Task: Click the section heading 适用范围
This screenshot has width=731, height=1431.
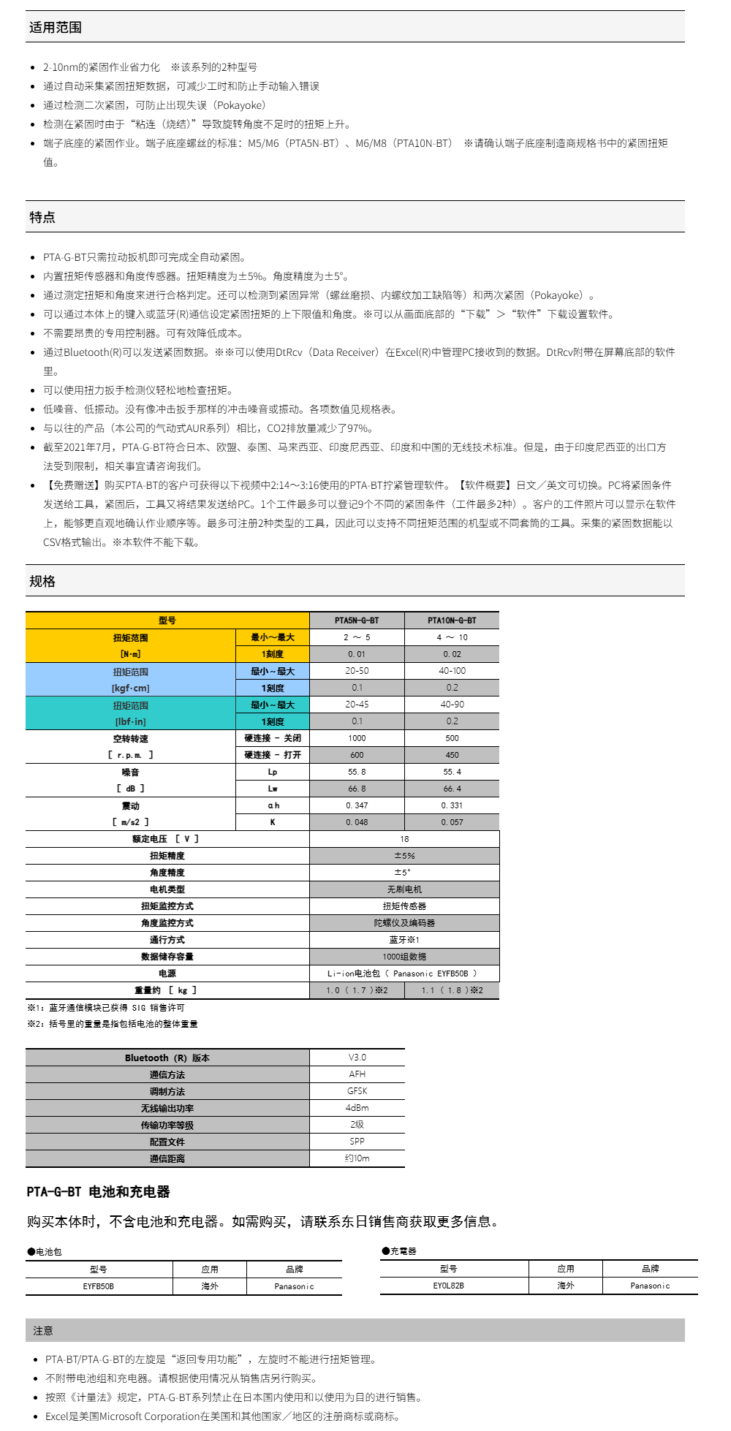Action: (56, 28)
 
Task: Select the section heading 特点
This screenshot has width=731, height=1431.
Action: (42, 217)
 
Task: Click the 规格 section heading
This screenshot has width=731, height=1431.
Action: (42, 581)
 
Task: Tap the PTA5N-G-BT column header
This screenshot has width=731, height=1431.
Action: (357, 620)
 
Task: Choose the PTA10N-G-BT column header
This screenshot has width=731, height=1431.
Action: (452, 620)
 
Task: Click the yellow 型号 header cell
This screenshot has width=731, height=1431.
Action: (167, 620)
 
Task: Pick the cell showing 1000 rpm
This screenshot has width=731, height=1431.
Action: (357, 738)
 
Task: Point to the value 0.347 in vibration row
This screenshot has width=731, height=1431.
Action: (357, 805)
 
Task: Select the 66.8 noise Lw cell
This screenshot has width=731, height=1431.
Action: (357, 789)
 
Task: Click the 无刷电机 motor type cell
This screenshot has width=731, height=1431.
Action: (404, 889)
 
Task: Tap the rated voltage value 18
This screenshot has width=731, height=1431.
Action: (404, 839)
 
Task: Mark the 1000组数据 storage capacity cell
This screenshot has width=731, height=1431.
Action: (404, 957)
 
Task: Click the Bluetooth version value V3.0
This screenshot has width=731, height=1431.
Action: (357, 1058)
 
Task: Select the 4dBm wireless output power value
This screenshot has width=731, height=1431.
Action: (357, 1108)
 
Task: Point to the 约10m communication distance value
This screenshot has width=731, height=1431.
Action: (357, 1158)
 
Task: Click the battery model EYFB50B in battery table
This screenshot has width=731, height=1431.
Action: (99, 1286)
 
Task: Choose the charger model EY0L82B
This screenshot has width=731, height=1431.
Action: (449, 1286)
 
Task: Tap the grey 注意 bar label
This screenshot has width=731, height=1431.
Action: (43, 1331)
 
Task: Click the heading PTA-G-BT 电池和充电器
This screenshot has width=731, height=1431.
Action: (98, 1192)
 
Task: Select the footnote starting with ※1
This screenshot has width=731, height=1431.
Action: (106, 1008)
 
